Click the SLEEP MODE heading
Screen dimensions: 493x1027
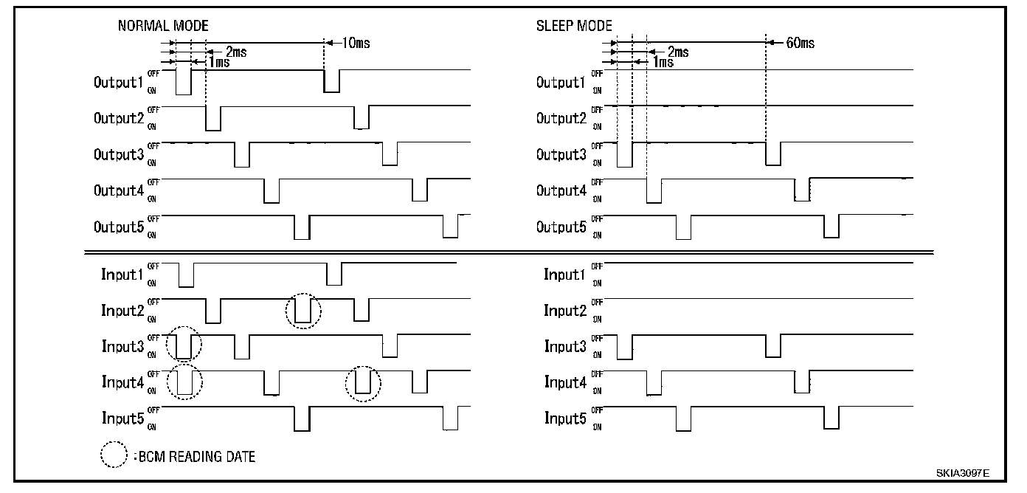point(574,25)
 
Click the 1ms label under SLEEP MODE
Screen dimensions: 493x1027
point(663,62)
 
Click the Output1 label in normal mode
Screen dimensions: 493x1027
point(118,82)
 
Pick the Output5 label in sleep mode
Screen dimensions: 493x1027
point(561,227)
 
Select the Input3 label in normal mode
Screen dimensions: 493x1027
point(122,346)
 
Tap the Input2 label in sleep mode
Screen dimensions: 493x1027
point(565,311)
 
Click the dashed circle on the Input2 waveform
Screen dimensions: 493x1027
point(303,311)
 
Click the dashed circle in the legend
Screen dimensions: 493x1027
point(114,455)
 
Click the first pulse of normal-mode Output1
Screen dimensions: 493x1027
point(183,82)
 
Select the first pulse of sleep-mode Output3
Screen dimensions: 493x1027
point(625,154)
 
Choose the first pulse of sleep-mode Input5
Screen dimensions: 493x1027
point(684,418)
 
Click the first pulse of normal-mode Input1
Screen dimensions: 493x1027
point(186,275)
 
